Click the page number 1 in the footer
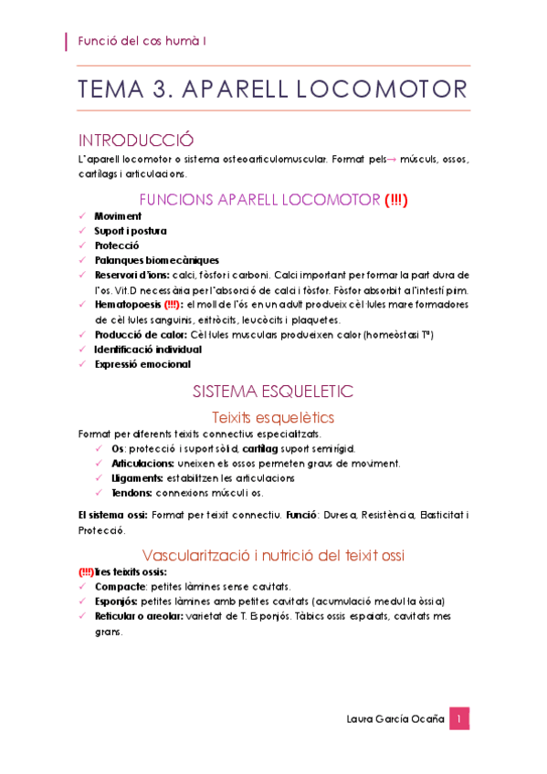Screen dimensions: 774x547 459,719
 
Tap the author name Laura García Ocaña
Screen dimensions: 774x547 394,719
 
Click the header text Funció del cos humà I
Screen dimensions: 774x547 142,41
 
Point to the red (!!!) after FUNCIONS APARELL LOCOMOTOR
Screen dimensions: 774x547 395,199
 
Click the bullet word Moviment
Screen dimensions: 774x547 118,216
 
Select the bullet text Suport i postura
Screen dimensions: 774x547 131,231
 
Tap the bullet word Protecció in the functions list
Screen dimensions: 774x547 117,246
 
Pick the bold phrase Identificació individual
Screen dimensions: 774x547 148,349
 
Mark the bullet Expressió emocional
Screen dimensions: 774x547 142,363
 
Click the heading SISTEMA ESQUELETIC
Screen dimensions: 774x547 272,392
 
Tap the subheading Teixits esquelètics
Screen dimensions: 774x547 273,417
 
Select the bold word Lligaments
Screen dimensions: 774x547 137,477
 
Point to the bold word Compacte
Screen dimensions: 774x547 120,586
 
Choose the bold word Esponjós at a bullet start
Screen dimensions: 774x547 119,601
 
